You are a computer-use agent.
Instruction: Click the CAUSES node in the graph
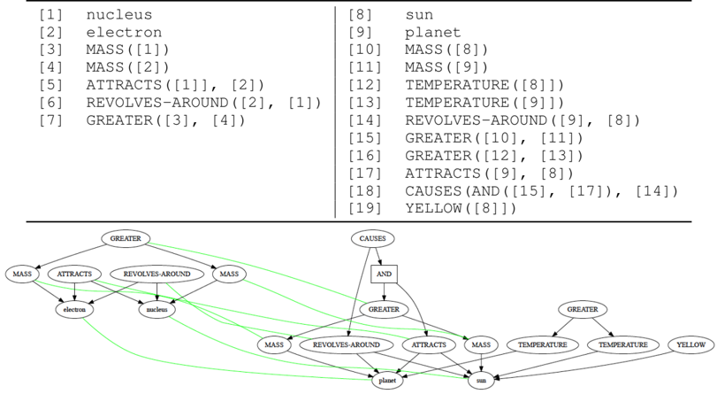[x=372, y=239]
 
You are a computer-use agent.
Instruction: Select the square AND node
[x=384, y=274]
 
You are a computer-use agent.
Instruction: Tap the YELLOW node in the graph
[x=690, y=344]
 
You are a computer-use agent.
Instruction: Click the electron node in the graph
[x=73, y=310]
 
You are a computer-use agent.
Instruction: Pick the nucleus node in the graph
[x=157, y=310]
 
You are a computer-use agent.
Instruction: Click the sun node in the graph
[x=481, y=380]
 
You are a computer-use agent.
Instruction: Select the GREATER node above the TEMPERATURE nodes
[x=583, y=310]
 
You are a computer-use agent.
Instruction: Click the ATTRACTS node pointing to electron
[x=74, y=274]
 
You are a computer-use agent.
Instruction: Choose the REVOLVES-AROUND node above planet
[x=347, y=344]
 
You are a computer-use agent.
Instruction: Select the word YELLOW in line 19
[x=433, y=208]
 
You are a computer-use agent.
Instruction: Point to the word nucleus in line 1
[x=118, y=15]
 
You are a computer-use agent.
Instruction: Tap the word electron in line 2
[x=123, y=33]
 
